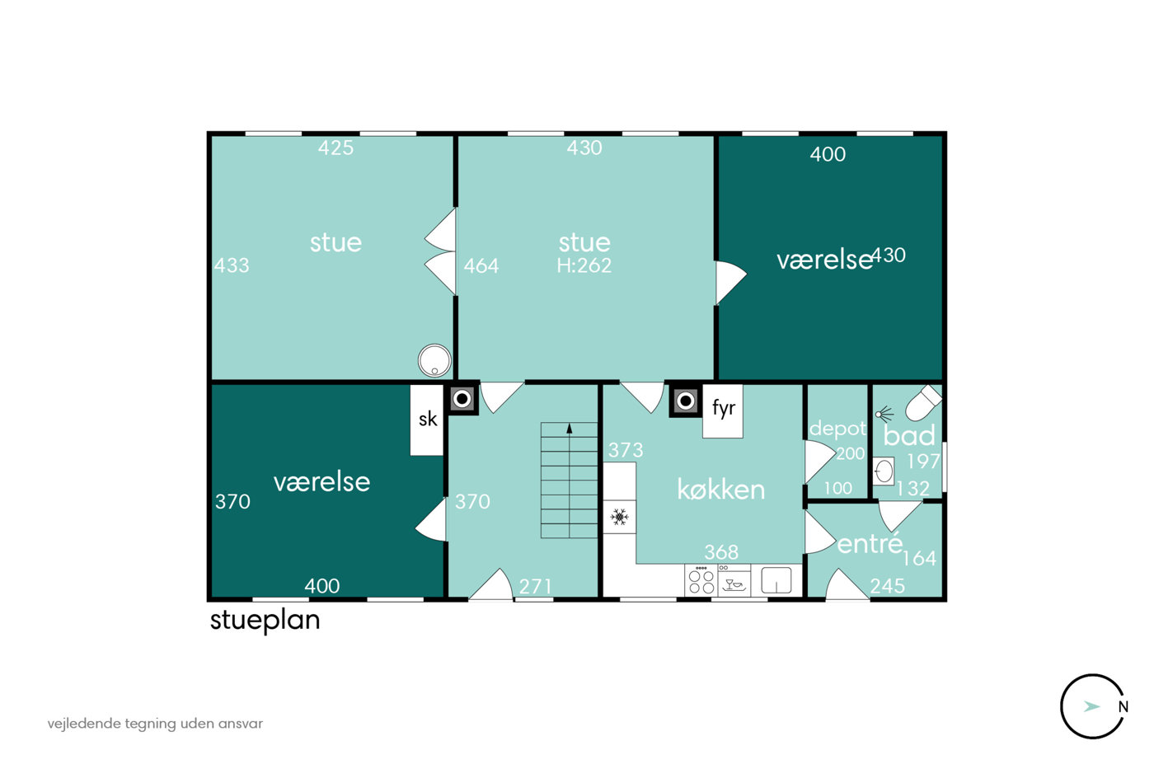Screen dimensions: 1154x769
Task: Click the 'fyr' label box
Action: (x=723, y=410)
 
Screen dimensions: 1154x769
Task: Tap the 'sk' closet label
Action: (x=427, y=420)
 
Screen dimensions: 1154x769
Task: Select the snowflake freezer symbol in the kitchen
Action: (x=619, y=517)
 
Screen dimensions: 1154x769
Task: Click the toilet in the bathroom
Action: (x=923, y=403)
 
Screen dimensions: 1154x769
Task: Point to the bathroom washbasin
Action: (x=884, y=471)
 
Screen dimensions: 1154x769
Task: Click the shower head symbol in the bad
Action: (x=884, y=413)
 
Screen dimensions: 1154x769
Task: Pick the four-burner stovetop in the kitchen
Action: (x=701, y=580)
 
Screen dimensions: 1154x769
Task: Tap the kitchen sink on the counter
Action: (x=776, y=580)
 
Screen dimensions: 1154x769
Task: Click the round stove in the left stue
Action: (x=435, y=360)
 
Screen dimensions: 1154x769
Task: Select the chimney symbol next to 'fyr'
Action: (x=685, y=401)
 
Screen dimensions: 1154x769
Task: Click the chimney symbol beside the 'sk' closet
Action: (x=462, y=399)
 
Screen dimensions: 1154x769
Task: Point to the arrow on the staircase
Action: (x=570, y=429)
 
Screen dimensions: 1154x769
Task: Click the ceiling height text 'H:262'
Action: (x=584, y=265)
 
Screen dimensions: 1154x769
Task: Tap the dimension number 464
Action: (x=481, y=265)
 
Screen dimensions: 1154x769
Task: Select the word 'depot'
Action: (x=837, y=429)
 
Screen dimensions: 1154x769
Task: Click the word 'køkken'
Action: (x=720, y=489)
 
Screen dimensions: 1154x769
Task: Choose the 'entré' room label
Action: (x=870, y=543)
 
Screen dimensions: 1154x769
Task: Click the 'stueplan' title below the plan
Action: (x=265, y=620)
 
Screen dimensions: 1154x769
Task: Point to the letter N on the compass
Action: (x=1123, y=707)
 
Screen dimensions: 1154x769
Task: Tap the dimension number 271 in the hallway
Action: (x=535, y=586)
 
